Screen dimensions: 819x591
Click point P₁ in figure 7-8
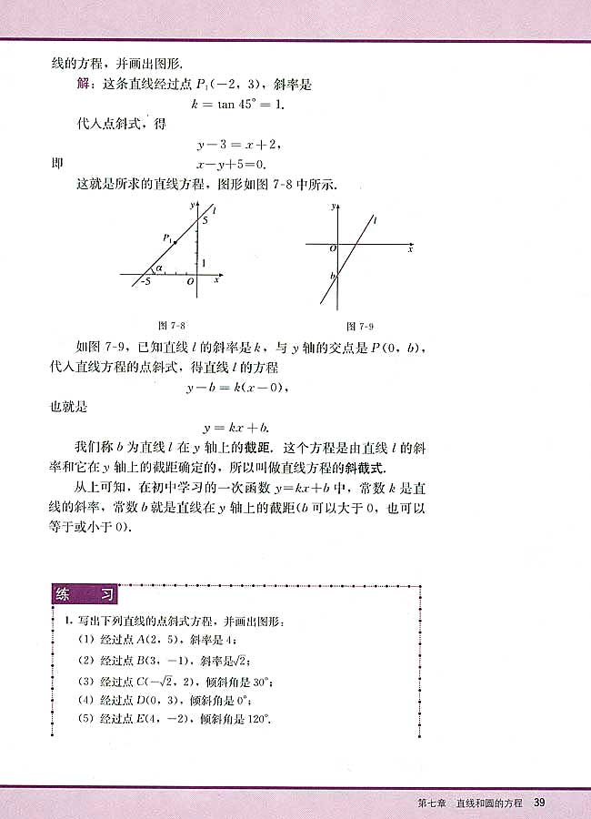point(168,238)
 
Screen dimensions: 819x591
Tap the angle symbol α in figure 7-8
point(158,268)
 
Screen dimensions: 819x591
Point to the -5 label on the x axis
point(144,283)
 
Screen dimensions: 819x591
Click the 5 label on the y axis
point(205,220)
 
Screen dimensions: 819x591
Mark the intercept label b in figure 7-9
point(333,275)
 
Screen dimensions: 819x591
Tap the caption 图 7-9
point(360,325)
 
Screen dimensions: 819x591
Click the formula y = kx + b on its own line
point(238,427)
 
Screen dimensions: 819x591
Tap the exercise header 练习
point(85,596)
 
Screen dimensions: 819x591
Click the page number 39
point(539,802)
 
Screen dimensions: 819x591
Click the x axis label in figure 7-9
point(411,248)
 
